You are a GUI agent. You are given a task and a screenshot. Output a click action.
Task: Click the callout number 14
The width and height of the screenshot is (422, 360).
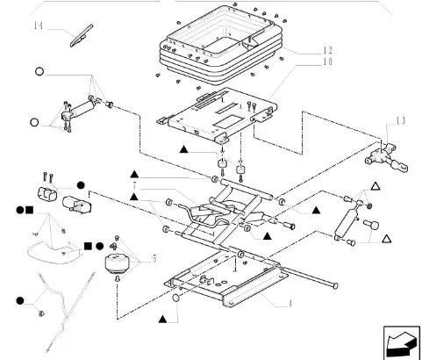click(x=39, y=25)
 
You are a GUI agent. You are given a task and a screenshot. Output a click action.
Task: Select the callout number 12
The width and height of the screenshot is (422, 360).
click(x=327, y=50)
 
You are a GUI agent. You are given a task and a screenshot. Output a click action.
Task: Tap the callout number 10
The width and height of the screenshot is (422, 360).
click(x=327, y=61)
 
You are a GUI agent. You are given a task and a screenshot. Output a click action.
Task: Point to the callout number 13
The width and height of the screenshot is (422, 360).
click(x=401, y=120)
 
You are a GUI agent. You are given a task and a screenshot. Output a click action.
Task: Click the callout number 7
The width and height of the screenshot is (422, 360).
click(x=135, y=185)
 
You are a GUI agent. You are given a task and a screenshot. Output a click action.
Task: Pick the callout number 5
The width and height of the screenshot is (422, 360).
click(x=154, y=258)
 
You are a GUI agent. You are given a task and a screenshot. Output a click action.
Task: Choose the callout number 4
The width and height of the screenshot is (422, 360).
click(x=290, y=304)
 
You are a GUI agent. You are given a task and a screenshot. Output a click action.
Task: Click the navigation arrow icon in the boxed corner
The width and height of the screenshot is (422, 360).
click(x=402, y=342)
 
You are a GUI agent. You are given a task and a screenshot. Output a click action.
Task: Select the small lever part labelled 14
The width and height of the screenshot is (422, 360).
click(x=82, y=36)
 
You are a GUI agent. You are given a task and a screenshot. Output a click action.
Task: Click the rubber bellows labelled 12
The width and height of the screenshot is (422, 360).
click(x=221, y=45)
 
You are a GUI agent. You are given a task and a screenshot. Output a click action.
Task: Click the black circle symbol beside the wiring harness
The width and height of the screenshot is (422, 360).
click(x=20, y=300)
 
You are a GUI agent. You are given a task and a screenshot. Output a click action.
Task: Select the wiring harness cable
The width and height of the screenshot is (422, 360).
click(x=62, y=310)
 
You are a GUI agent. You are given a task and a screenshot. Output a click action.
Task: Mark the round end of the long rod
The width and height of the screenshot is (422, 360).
click(x=335, y=285)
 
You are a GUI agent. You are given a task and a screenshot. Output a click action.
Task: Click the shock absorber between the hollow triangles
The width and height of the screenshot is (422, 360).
click(x=347, y=221)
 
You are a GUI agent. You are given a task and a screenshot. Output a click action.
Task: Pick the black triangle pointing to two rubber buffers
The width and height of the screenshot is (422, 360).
click(x=183, y=149)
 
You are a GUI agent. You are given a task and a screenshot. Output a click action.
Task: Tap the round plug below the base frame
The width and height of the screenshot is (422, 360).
click(x=176, y=299)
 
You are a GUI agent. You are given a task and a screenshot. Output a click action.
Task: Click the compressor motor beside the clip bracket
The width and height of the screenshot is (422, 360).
click(x=76, y=204)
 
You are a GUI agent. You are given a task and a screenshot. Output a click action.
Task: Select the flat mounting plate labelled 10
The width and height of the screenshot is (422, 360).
click(x=217, y=116)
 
